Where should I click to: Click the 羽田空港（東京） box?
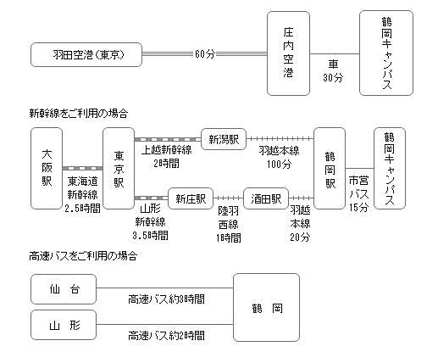click(x=86, y=54)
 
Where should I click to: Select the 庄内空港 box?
click(x=288, y=53)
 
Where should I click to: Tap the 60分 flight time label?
click(x=205, y=53)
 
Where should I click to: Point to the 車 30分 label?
click(x=333, y=70)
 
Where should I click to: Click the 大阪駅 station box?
click(x=47, y=169)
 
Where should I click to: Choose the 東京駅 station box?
click(x=119, y=169)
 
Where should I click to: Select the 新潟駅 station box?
click(x=224, y=139)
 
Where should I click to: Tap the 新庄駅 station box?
click(x=191, y=198)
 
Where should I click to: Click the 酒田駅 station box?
click(x=266, y=198)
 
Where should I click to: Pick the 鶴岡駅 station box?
click(x=330, y=169)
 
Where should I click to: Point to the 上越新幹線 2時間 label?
click(x=167, y=156)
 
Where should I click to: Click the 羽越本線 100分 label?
click(x=279, y=157)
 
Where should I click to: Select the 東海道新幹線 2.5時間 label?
click(x=82, y=195)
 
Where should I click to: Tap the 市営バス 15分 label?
click(x=359, y=193)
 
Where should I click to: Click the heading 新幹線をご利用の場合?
click(x=79, y=114)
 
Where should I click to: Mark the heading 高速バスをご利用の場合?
click(x=83, y=256)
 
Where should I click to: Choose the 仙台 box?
click(x=64, y=289)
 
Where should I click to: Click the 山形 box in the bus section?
click(x=64, y=325)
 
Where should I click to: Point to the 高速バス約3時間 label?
click(x=166, y=299)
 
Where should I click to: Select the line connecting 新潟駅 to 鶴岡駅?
click(x=280, y=139)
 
